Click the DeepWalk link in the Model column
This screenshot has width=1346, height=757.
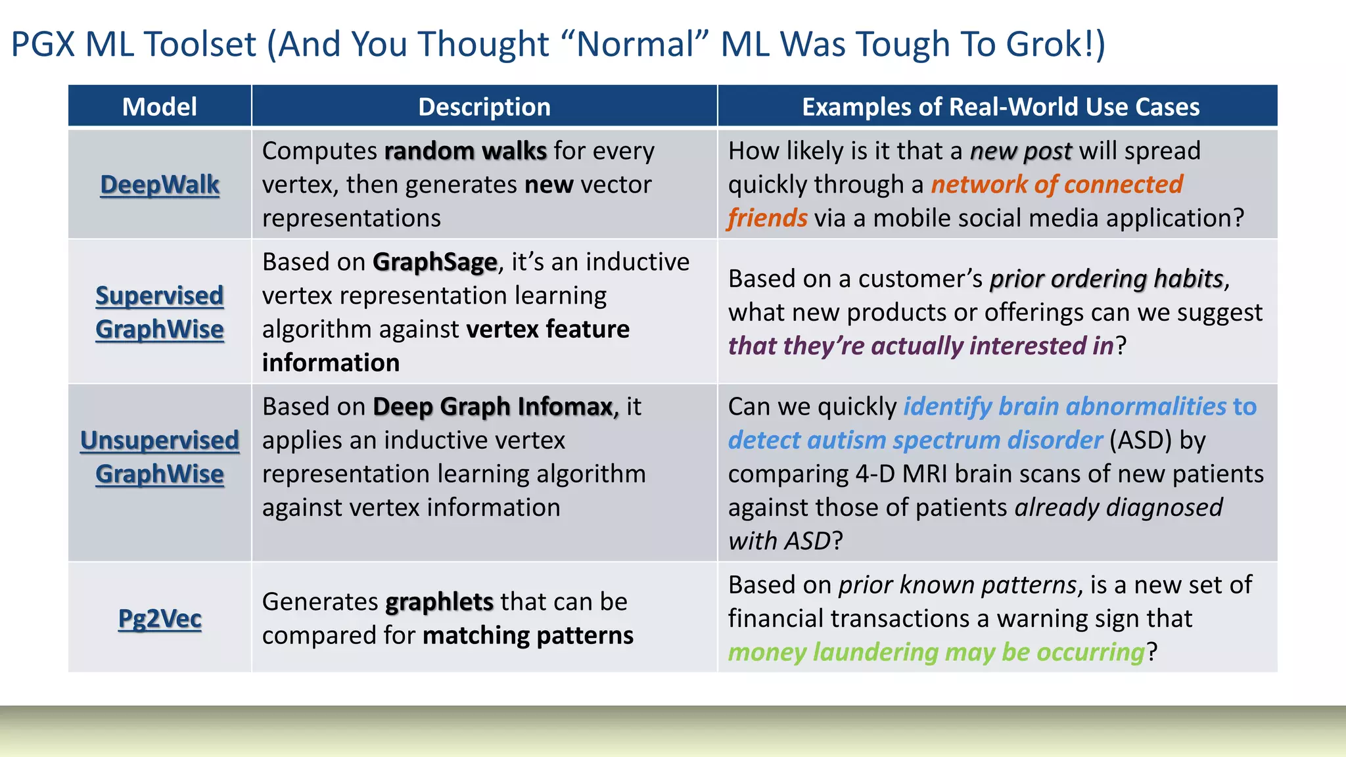160,185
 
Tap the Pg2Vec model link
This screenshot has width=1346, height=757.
160,618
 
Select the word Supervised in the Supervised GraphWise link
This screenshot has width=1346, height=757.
160,296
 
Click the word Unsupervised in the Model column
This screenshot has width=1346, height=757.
160,440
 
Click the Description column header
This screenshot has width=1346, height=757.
484,106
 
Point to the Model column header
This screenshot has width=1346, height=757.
160,106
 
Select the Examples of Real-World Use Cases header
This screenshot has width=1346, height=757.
1000,106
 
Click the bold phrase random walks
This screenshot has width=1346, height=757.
465,151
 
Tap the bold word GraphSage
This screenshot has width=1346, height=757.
434,262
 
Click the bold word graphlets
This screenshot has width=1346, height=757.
439,602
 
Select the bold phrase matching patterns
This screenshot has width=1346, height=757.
528,635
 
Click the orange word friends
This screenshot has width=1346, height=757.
767,218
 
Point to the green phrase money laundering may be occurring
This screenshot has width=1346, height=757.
937,652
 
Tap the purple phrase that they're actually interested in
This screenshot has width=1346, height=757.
921,346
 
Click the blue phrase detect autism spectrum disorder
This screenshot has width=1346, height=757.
915,440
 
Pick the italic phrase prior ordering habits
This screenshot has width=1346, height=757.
1106,279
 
